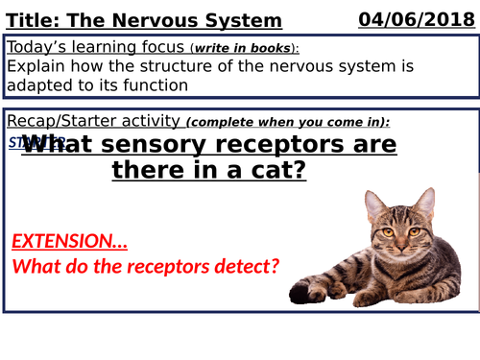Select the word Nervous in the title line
click(163, 20)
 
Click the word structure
click(201, 67)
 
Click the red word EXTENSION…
click(69, 240)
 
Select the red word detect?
click(244, 265)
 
